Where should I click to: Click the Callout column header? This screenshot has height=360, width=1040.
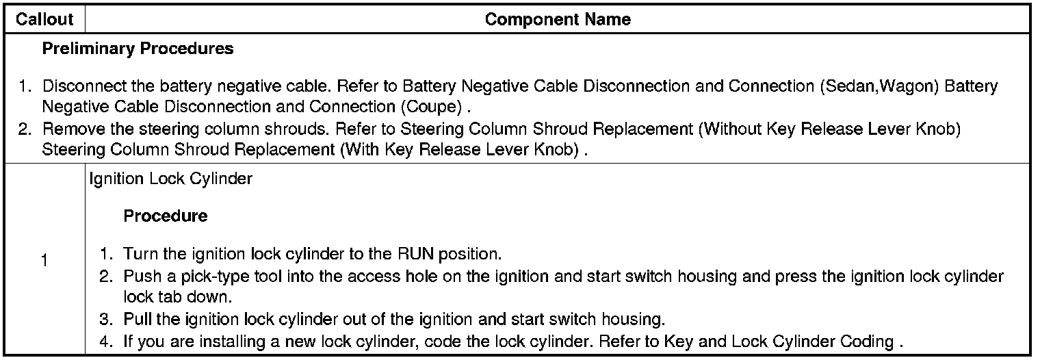coord(44,19)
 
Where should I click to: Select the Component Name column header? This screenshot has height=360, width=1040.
coord(558,19)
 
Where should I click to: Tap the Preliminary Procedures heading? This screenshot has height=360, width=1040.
coord(138,49)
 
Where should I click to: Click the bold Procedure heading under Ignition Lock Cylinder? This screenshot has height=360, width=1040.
coord(166,216)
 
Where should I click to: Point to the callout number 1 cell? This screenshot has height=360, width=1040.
coord(44,261)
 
